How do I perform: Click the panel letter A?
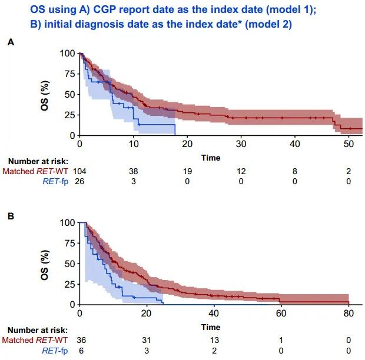click(11, 42)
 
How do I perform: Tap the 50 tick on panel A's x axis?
click(348, 144)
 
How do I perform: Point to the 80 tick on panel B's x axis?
click(348, 313)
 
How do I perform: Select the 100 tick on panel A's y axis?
click(67, 54)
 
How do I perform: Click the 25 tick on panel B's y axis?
click(69, 284)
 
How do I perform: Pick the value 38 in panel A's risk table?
click(133, 171)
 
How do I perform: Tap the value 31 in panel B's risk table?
click(146, 340)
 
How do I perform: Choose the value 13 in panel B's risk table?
click(213, 340)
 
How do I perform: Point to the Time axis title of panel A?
click(211, 158)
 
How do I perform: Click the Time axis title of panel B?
click(211, 327)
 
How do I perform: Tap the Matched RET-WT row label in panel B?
click(35, 340)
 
